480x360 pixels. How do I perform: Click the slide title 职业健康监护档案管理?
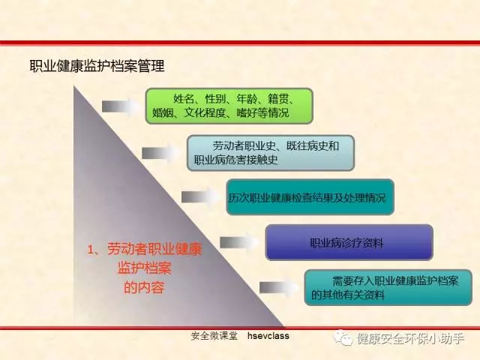97,66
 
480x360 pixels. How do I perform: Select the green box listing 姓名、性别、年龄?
229,106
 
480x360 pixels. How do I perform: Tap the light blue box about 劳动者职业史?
271,153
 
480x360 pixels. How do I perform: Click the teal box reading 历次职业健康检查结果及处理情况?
310,196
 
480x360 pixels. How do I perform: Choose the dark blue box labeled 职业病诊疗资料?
349,242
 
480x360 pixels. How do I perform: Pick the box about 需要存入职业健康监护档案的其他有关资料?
388,287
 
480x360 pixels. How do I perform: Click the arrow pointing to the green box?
121,106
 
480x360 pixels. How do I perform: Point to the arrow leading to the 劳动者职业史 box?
160,153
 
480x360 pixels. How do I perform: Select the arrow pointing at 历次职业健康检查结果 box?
200,196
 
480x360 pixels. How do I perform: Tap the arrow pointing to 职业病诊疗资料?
239,242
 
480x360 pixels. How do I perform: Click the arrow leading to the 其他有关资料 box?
278,288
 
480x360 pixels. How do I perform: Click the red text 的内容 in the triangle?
144,287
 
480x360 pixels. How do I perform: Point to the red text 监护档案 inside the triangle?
144,268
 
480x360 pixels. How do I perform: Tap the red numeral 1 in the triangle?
91,250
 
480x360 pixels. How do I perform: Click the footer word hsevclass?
268,336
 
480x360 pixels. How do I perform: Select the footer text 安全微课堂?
214,336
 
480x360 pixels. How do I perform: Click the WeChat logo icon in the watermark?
343,338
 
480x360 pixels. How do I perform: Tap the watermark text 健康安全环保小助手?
410,338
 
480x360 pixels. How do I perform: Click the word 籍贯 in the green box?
278,99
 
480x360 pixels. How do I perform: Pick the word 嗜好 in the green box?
247,113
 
